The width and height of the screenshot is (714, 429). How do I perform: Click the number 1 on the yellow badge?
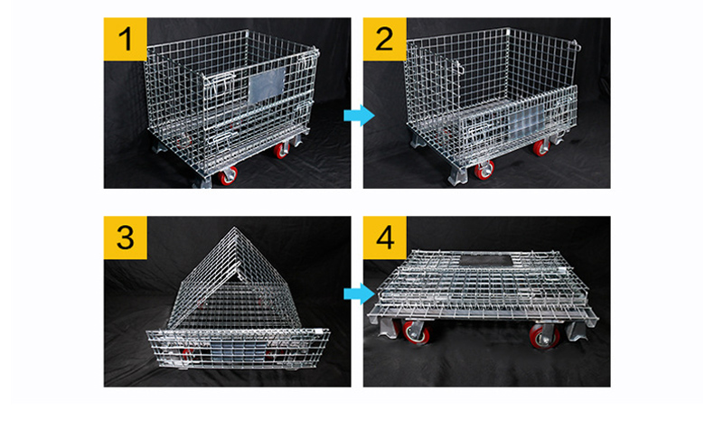point(126,39)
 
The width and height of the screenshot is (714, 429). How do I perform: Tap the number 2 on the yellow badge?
point(384,39)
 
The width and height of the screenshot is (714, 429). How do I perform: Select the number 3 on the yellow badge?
point(126,237)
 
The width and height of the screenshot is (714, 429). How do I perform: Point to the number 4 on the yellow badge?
point(385,237)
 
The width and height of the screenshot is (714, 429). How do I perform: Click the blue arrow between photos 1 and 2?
point(360,115)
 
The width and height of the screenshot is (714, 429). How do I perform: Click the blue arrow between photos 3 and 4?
point(360,294)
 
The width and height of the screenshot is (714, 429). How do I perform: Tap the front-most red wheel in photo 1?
point(228,176)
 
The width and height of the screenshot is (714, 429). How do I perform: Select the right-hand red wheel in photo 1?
point(281,150)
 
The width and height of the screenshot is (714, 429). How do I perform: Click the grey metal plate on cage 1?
point(267,85)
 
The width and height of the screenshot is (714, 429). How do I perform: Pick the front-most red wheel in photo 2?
point(484,171)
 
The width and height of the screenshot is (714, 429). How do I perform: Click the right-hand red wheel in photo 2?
point(541,147)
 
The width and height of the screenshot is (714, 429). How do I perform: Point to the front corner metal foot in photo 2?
point(457,175)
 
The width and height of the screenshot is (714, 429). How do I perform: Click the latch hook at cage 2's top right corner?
point(577,45)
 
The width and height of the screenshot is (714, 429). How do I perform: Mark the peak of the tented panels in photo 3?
point(235,228)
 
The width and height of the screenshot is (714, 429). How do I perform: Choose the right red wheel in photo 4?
point(545,336)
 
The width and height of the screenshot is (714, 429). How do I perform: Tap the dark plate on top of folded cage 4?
point(485,260)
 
